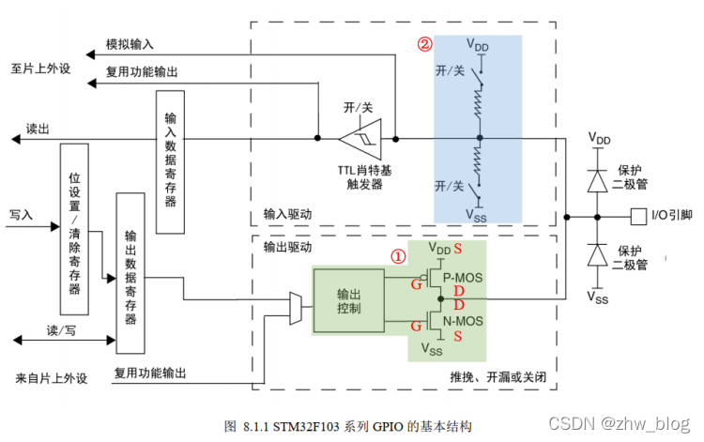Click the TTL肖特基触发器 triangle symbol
[x=360, y=139]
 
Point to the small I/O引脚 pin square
[x=638, y=214]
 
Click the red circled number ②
[x=425, y=44]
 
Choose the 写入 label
[x=21, y=215]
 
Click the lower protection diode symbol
[x=596, y=252]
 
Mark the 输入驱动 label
[x=288, y=214]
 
